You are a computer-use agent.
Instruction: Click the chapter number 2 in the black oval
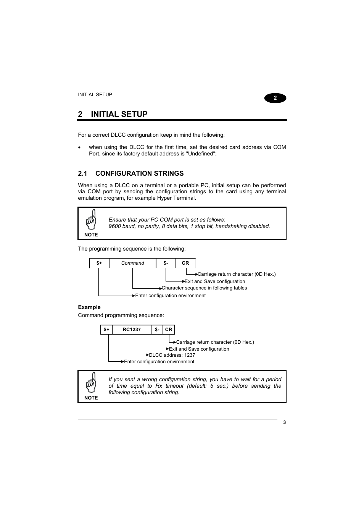pyautogui.click(x=275, y=98)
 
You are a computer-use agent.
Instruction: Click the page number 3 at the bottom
pyautogui.click(x=284, y=422)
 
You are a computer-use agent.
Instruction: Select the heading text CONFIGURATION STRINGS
pyautogui.click(x=139, y=173)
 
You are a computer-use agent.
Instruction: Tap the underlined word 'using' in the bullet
pyautogui.click(x=111, y=147)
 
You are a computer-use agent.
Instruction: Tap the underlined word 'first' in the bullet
pyautogui.click(x=169, y=147)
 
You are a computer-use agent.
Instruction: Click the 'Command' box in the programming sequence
pyautogui.click(x=132, y=263)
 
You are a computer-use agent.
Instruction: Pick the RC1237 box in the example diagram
pyautogui.click(x=132, y=330)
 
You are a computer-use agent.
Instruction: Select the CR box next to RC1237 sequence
pyautogui.click(x=169, y=330)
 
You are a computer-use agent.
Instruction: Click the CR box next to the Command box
pyautogui.click(x=185, y=263)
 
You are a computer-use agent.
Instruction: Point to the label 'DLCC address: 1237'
pyautogui.click(x=172, y=355)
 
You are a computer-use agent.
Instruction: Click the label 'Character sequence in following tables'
pyautogui.click(x=204, y=288)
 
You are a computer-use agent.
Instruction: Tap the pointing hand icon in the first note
pyautogui.click(x=91, y=220)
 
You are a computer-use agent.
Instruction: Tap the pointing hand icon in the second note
pyautogui.click(x=91, y=383)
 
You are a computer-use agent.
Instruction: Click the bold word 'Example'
pyautogui.click(x=89, y=307)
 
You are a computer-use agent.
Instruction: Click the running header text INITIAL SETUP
pyautogui.click(x=95, y=95)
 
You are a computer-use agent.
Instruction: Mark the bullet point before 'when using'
pyautogui.click(x=79, y=147)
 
